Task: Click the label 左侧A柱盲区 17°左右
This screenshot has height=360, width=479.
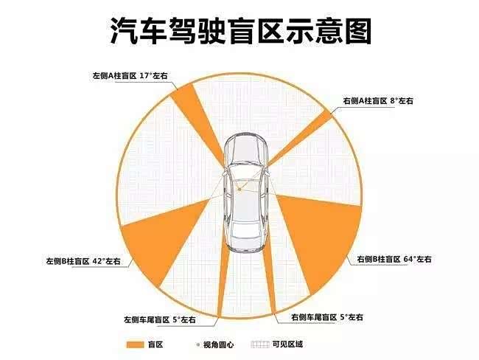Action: point(130,75)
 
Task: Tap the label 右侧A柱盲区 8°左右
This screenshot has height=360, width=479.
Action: point(378,100)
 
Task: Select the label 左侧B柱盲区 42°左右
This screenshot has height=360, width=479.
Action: point(83,261)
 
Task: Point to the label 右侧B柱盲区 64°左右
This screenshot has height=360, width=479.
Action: point(394,259)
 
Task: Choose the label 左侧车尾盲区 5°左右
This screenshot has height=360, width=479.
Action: point(159,319)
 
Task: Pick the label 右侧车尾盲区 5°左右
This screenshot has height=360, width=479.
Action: point(327,317)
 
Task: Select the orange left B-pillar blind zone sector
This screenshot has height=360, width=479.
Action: point(162,238)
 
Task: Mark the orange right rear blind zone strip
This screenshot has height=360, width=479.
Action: point(270,280)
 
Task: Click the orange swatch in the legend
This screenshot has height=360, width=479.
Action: point(135,345)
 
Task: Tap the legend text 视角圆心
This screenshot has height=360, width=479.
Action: point(219,345)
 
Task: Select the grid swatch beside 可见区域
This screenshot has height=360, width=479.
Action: point(260,345)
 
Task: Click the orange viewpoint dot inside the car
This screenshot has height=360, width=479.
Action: point(239,190)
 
